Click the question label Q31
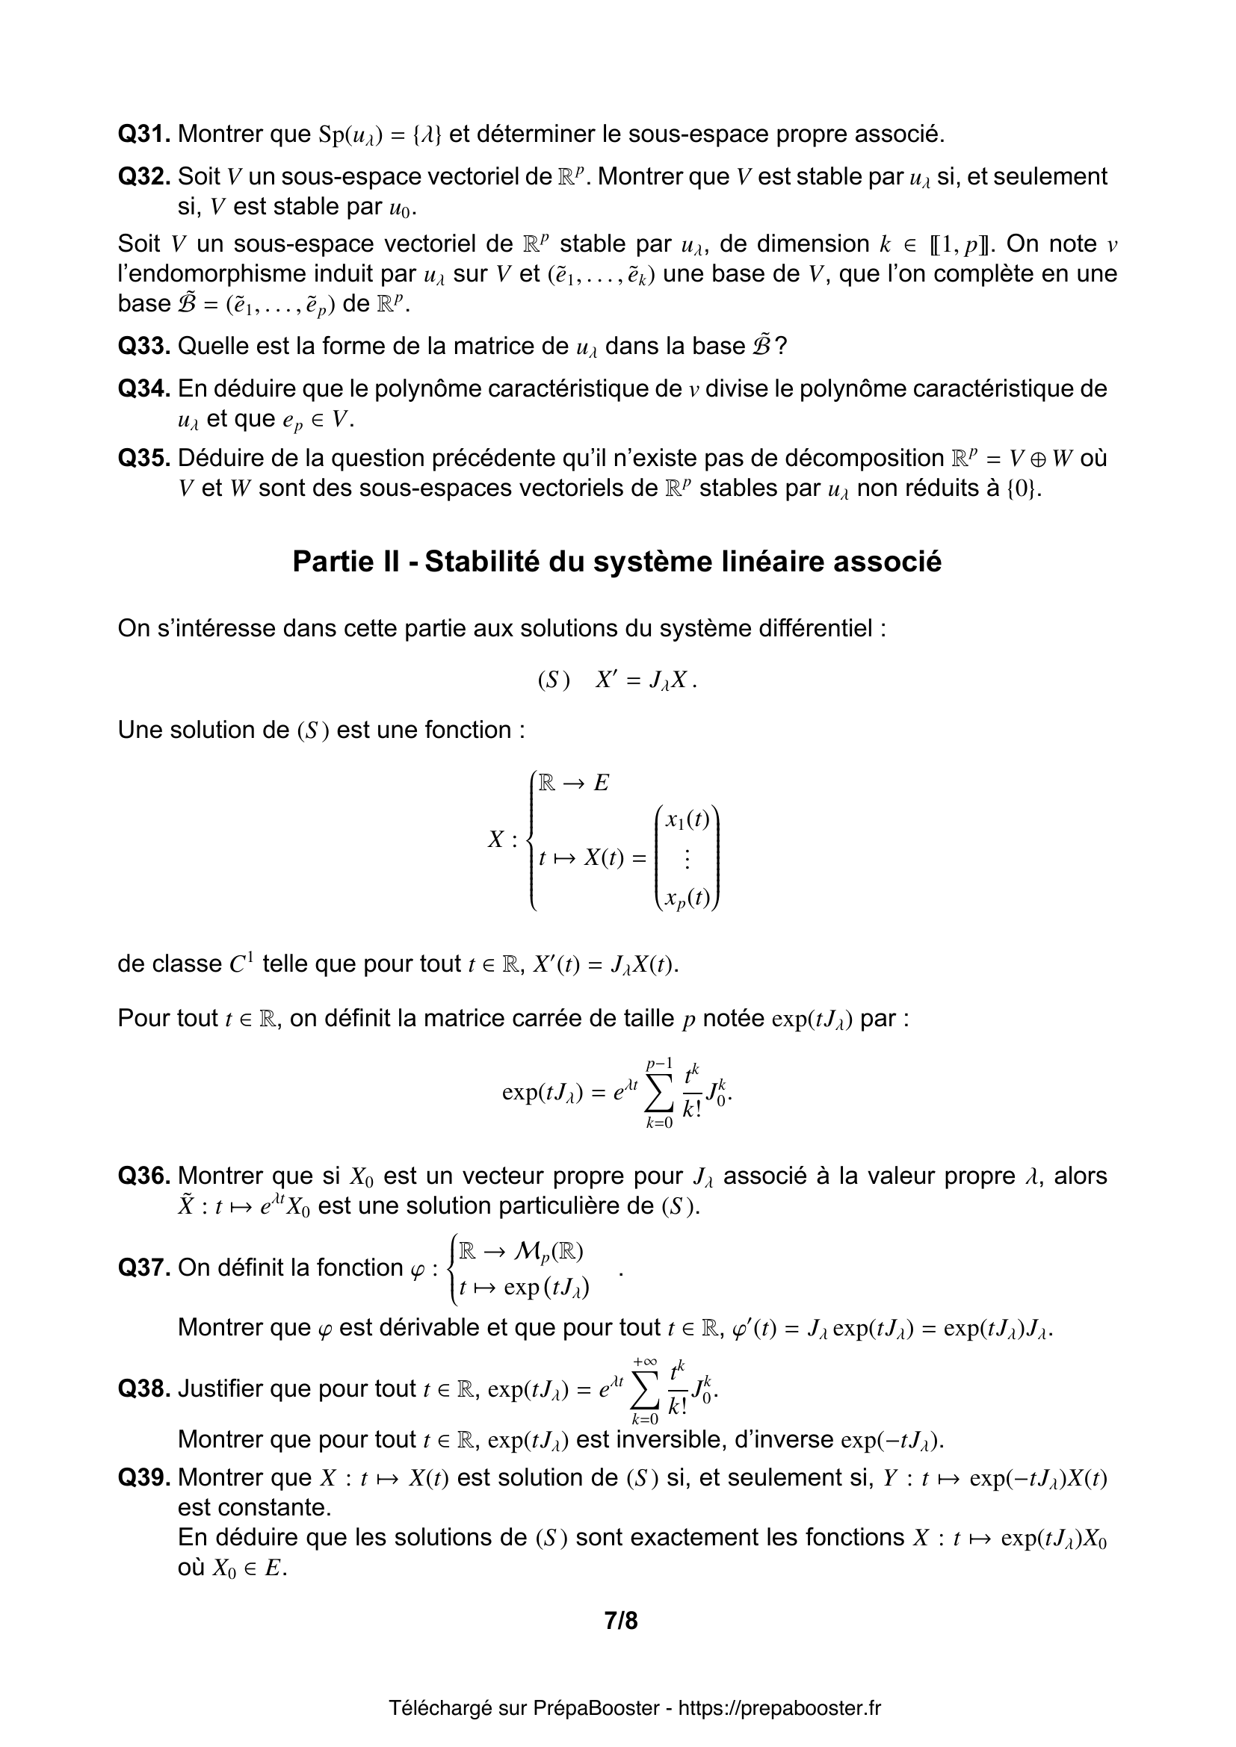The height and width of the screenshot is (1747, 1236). tap(143, 134)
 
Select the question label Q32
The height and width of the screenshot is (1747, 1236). tap(143, 176)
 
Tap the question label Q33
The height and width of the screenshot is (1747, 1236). tap(143, 347)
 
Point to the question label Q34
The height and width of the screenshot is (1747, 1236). tap(143, 389)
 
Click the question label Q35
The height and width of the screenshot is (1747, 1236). tap(143, 458)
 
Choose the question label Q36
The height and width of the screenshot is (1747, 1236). tap(143, 1176)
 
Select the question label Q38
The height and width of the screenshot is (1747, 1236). tap(143, 1389)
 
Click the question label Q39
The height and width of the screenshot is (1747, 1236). tap(143, 1477)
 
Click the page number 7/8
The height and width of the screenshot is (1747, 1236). tap(621, 1621)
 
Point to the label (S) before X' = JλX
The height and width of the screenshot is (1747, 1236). tap(553, 680)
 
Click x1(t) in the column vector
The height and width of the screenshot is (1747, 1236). tap(687, 819)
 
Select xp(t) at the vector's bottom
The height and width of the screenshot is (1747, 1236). tap(687, 899)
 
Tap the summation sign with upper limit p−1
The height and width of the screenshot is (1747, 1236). tap(659, 1094)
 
